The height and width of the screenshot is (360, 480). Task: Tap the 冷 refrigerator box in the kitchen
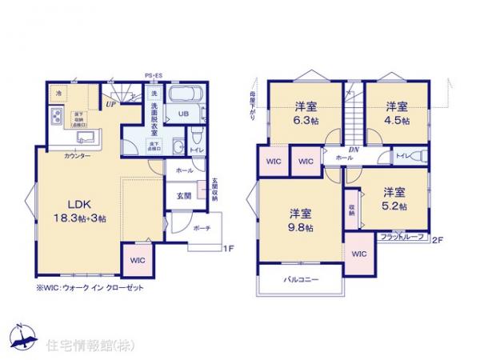pos(58,94)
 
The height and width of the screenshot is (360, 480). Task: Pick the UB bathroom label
pos(182,114)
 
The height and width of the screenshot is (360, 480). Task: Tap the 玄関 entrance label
pos(182,195)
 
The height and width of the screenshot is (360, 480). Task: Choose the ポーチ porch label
pos(202,227)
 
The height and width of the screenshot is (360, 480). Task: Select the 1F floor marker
pos(227,248)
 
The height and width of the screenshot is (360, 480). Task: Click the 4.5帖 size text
pos(395,121)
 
